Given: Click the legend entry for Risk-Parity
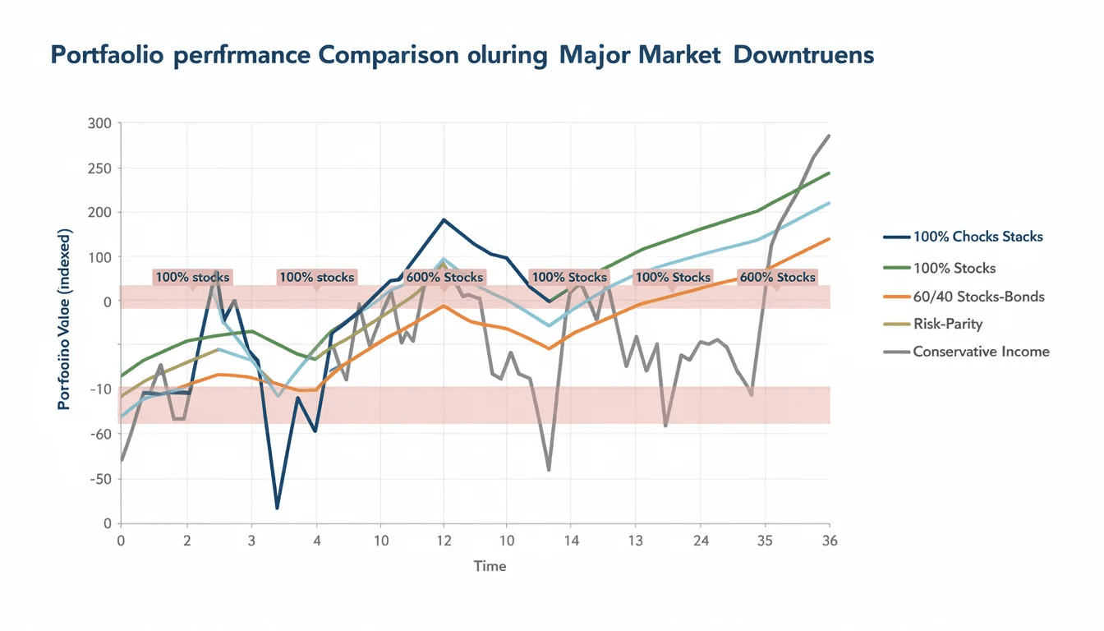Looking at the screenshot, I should pyautogui.click(x=947, y=324).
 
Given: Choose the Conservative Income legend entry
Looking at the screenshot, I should pyautogui.click(x=980, y=352).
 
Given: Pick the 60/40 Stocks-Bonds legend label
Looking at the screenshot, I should pyautogui.click(x=978, y=296).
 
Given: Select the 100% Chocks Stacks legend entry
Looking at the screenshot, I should pyautogui.click(x=977, y=237).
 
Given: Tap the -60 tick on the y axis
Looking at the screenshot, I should pyautogui.click(x=100, y=434).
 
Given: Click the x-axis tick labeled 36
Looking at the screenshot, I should pyautogui.click(x=829, y=541).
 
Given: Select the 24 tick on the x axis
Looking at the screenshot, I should pyautogui.click(x=700, y=541).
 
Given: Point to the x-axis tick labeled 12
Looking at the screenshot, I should pyautogui.click(x=444, y=541).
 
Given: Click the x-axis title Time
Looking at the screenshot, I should pyautogui.click(x=490, y=566).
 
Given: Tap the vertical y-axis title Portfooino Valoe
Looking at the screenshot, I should pyautogui.click(x=65, y=320).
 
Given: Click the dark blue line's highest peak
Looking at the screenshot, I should pyautogui.click(x=444, y=219).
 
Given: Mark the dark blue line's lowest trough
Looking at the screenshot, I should pyautogui.click(x=277, y=509).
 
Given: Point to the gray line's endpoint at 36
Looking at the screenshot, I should pyautogui.click(x=829, y=136).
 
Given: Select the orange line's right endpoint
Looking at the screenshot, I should pyautogui.click(x=829, y=239).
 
